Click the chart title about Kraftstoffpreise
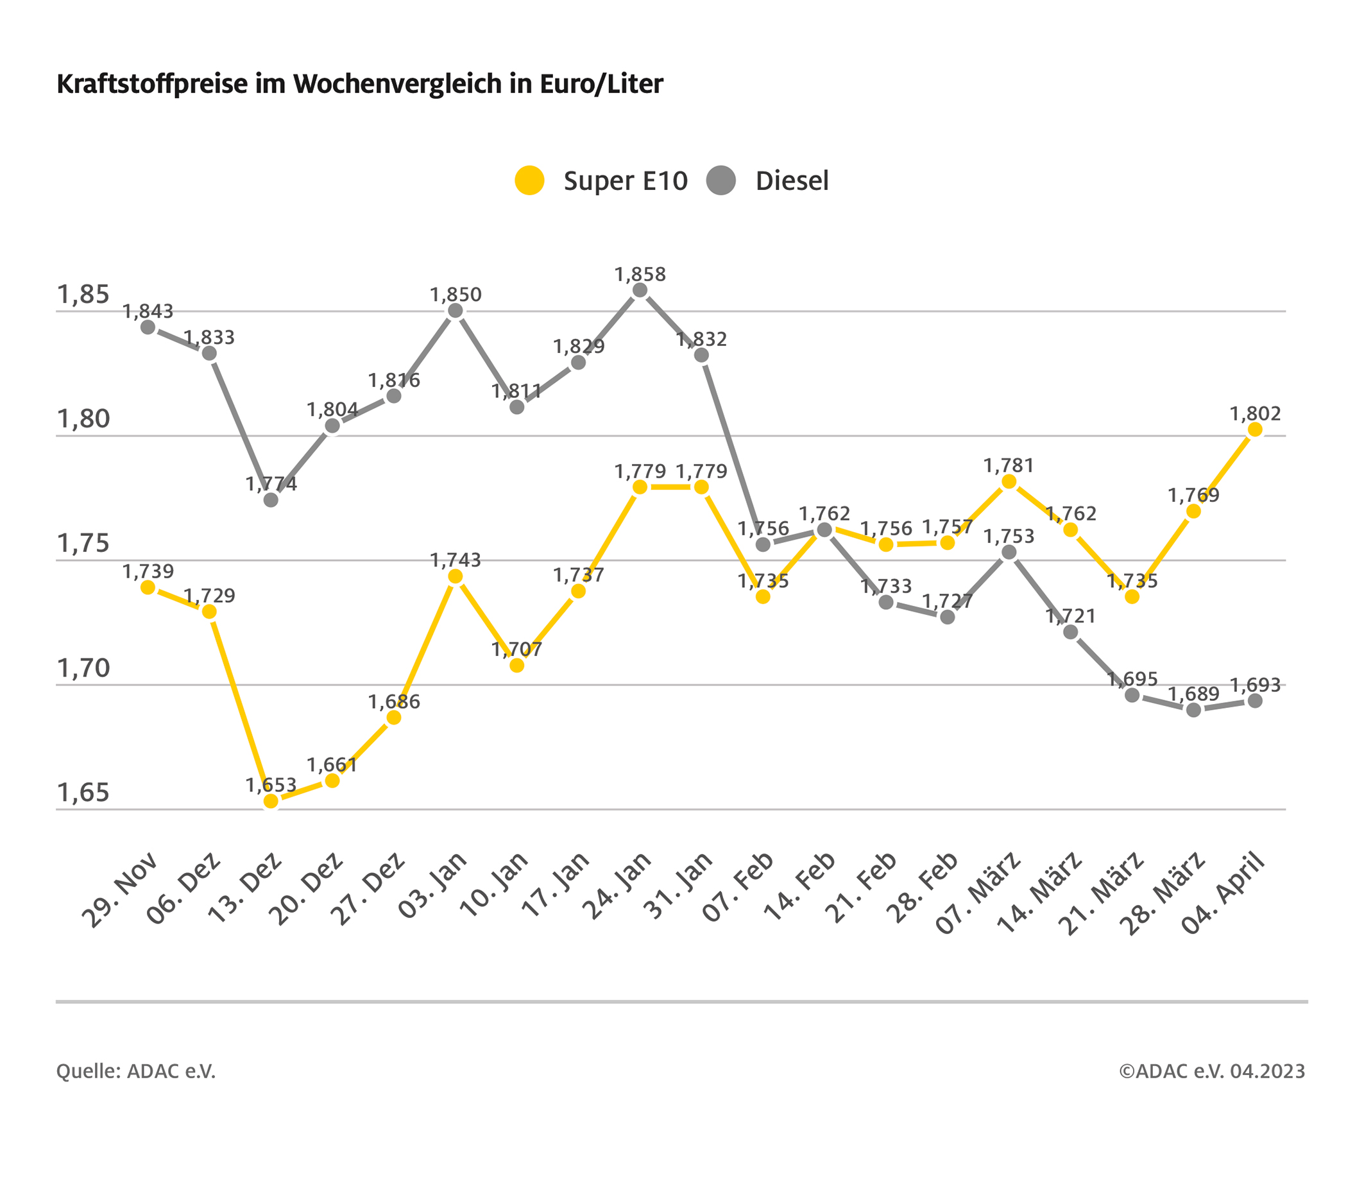point(360,85)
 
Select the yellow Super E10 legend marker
point(530,180)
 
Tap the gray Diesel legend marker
point(720,180)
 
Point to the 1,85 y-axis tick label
point(83,295)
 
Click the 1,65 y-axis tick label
point(83,793)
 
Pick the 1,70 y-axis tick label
point(83,668)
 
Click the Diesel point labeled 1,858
point(640,290)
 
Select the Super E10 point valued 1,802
point(1254,430)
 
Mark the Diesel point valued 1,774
point(271,500)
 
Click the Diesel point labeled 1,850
point(456,311)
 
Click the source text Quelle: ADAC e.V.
point(136,1071)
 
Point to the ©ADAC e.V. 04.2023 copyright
point(1212,1071)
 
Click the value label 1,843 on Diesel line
point(148,312)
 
